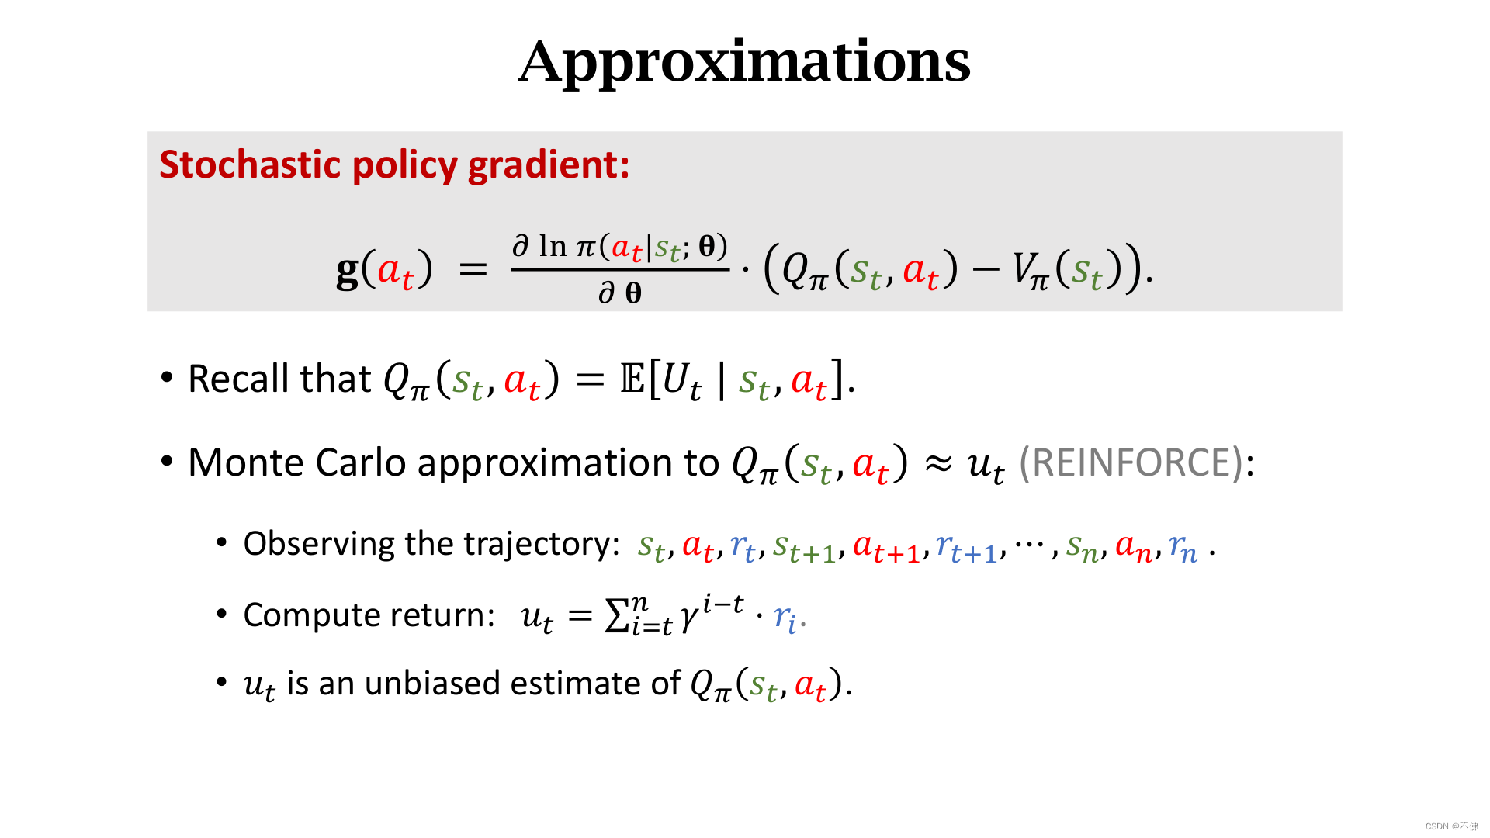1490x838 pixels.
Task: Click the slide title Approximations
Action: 744,62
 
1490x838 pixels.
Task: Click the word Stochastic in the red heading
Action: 251,164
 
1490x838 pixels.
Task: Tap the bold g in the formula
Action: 347,271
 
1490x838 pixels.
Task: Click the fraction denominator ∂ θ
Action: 620,293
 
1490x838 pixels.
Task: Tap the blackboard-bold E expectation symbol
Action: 632,379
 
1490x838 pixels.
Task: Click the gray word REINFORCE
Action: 1131,462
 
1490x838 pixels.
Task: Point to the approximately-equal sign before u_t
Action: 938,464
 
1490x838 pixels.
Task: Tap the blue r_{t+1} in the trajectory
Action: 966,548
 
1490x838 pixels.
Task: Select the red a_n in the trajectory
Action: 1133,548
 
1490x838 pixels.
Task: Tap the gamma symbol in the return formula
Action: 688,619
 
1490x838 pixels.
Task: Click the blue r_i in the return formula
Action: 785,618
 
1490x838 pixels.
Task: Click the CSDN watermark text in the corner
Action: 1451,826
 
